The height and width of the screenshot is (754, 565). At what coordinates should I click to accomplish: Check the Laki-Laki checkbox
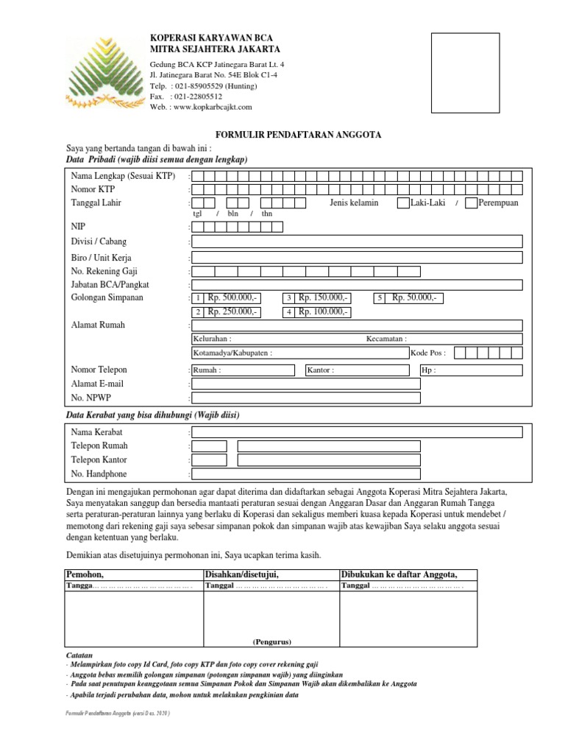click(x=402, y=202)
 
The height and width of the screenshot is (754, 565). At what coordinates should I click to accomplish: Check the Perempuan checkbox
click(x=472, y=202)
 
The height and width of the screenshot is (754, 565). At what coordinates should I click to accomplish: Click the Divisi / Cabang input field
click(x=358, y=242)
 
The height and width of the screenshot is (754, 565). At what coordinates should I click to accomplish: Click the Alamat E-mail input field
click(x=306, y=384)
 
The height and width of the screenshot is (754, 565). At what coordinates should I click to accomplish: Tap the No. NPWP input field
click(x=306, y=398)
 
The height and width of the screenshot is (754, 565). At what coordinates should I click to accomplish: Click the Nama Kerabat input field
click(x=358, y=432)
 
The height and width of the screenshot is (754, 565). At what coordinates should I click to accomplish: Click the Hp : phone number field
click(x=470, y=370)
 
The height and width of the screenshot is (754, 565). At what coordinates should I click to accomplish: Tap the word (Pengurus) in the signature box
click(x=272, y=641)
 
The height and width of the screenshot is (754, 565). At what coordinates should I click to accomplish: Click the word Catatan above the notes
click(x=79, y=655)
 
